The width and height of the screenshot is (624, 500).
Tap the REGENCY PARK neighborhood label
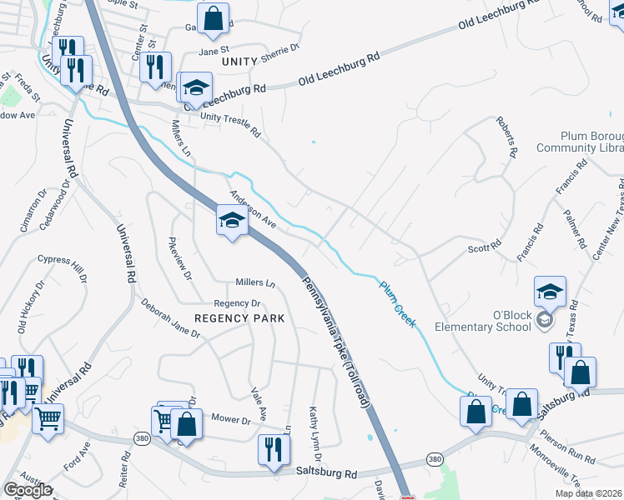[239, 318]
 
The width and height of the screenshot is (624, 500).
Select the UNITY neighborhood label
[240, 62]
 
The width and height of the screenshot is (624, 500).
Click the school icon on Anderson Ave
[232, 220]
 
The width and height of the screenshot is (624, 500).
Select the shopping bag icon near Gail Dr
[213, 18]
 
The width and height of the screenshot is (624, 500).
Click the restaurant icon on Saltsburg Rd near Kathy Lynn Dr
[273, 450]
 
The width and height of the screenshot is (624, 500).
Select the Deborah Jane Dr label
[170, 318]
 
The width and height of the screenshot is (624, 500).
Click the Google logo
[27, 490]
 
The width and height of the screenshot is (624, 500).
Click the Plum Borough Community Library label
[580, 142]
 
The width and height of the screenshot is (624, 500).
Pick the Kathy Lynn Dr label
[315, 432]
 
